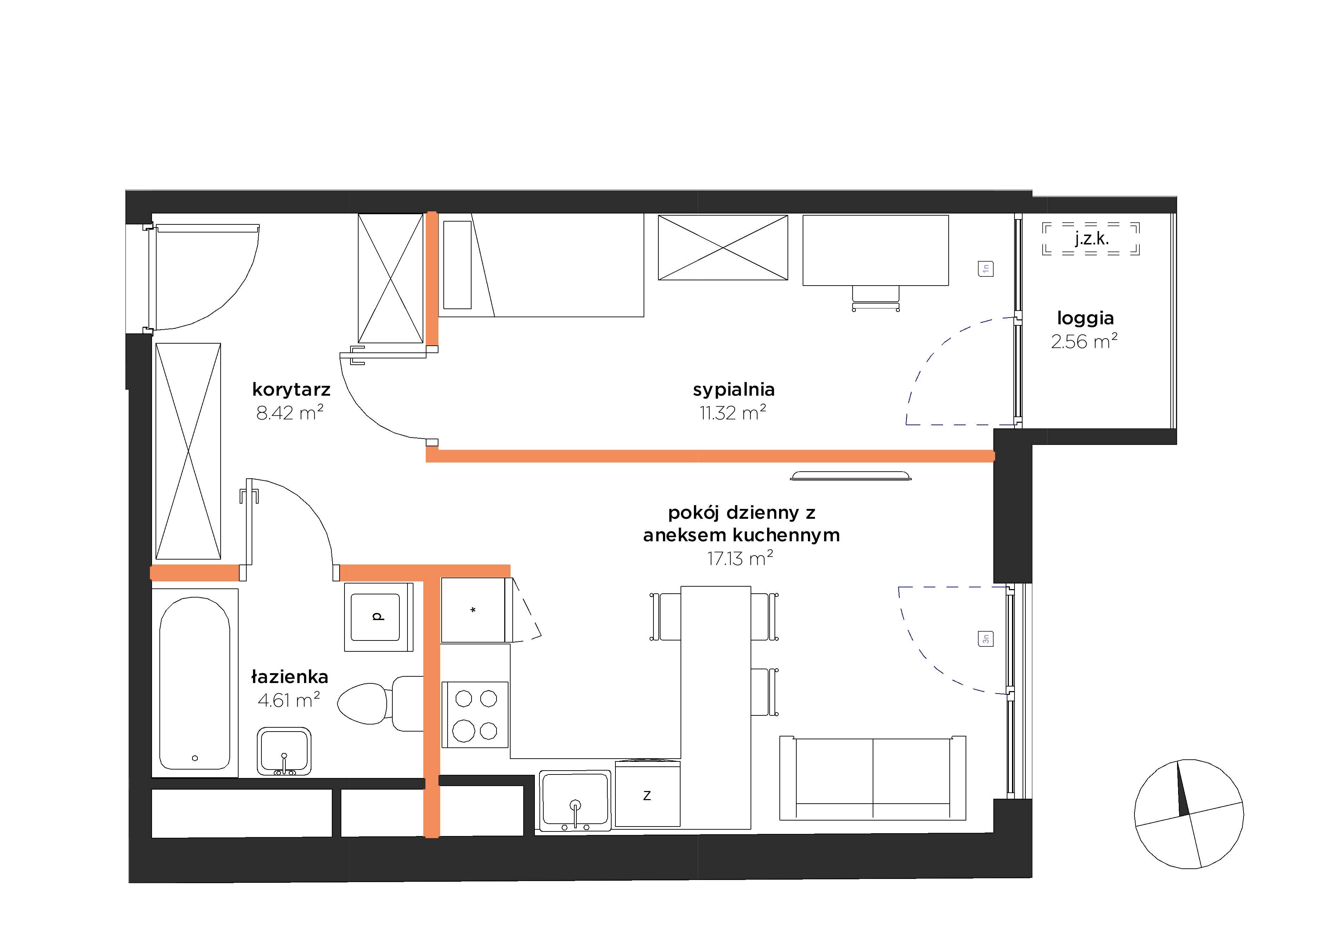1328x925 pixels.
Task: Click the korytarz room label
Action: (x=291, y=390)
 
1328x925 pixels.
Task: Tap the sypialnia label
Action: (x=733, y=390)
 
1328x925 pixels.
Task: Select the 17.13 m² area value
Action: (x=740, y=558)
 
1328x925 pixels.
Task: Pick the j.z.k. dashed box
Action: (x=1091, y=239)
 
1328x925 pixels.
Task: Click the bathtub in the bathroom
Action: (x=195, y=683)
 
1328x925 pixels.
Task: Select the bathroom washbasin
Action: (x=284, y=751)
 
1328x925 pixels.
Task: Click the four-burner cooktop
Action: (x=475, y=715)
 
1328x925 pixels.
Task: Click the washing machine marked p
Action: (x=378, y=617)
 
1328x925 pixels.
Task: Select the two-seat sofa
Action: (x=873, y=778)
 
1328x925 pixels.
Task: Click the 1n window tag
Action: (x=986, y=269)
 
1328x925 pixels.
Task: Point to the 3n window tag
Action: (x=986, y=639)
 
